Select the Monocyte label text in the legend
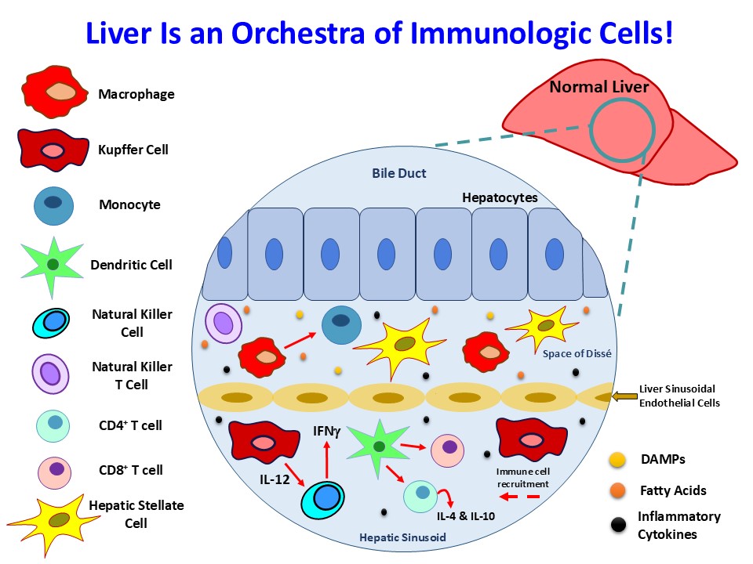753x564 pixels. pos(129,204)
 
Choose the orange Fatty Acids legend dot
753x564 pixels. pos(617,490)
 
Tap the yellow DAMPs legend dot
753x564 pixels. pos(617,459)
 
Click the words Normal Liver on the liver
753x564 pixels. pos(598,87)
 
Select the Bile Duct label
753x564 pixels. pos(399,173)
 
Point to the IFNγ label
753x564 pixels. pos(327,429)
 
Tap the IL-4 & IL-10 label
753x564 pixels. pos(466,515)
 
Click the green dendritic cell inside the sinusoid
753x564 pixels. pos(377,446)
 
